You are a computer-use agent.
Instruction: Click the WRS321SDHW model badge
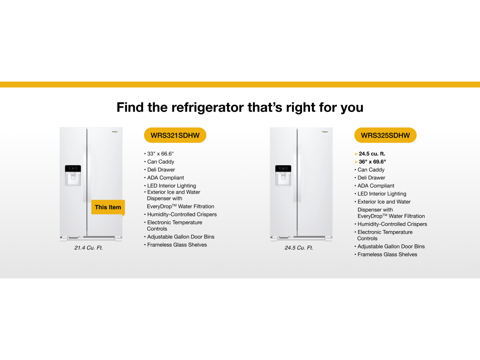[x=175, y=135]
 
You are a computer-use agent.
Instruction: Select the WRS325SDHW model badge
[x=385, y=135]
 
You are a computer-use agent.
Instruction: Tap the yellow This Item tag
[x=108, y=207]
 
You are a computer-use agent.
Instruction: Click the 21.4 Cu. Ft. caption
[x=88, y=248]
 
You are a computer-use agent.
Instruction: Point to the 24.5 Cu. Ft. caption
[x=299, y=248]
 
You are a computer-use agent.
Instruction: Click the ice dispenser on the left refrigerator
[x=73, y=176]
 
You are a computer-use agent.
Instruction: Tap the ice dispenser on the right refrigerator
[x=283, y=176]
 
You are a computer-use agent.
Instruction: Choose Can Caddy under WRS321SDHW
[x=160, y=162]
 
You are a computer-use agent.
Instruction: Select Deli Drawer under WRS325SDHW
[x=371, y=178]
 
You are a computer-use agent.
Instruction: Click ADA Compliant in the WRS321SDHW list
[x=166, y=178]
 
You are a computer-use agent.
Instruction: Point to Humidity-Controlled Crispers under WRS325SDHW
[x=392, y=224]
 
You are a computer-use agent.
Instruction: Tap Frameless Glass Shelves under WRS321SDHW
[x=177, y=245]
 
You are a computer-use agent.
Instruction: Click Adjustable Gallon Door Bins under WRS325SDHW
[x=391, y=246]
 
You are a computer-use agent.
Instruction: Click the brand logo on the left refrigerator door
[x=115, y=132]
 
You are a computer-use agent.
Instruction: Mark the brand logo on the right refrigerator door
[x=325, y=132]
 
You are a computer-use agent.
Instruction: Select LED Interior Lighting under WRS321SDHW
[x=172, y=186]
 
